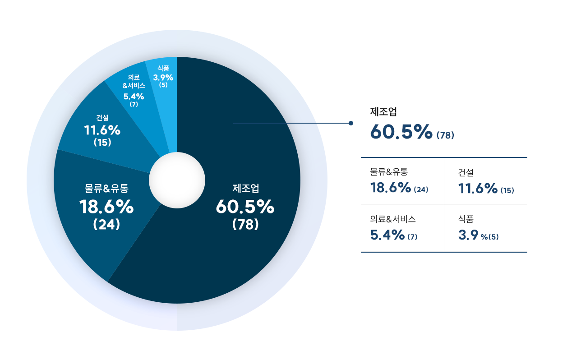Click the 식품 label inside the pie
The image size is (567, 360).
point(163,69)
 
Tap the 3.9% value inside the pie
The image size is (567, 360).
point(163,77)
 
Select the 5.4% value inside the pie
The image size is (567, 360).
point(134,96)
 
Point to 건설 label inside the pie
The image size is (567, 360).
point(102,118)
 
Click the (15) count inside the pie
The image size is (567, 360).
point(102,143)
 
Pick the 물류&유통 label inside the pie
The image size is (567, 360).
point(106,188)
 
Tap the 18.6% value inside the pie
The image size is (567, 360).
point(106,207)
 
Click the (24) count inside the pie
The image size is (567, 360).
point(106,224)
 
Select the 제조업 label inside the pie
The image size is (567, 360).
point(246,188)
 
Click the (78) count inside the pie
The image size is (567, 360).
point(246,224)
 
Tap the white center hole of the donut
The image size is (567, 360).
point(177,182)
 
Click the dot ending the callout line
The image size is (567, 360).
point(351,123)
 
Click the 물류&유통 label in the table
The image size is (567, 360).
point(389,172)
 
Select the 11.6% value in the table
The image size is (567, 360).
point(478,188)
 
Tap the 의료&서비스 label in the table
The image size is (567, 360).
point(393,219)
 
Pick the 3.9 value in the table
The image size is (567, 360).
point(468,235)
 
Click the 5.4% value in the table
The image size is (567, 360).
point(387,235)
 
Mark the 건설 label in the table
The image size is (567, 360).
point(466,172)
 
